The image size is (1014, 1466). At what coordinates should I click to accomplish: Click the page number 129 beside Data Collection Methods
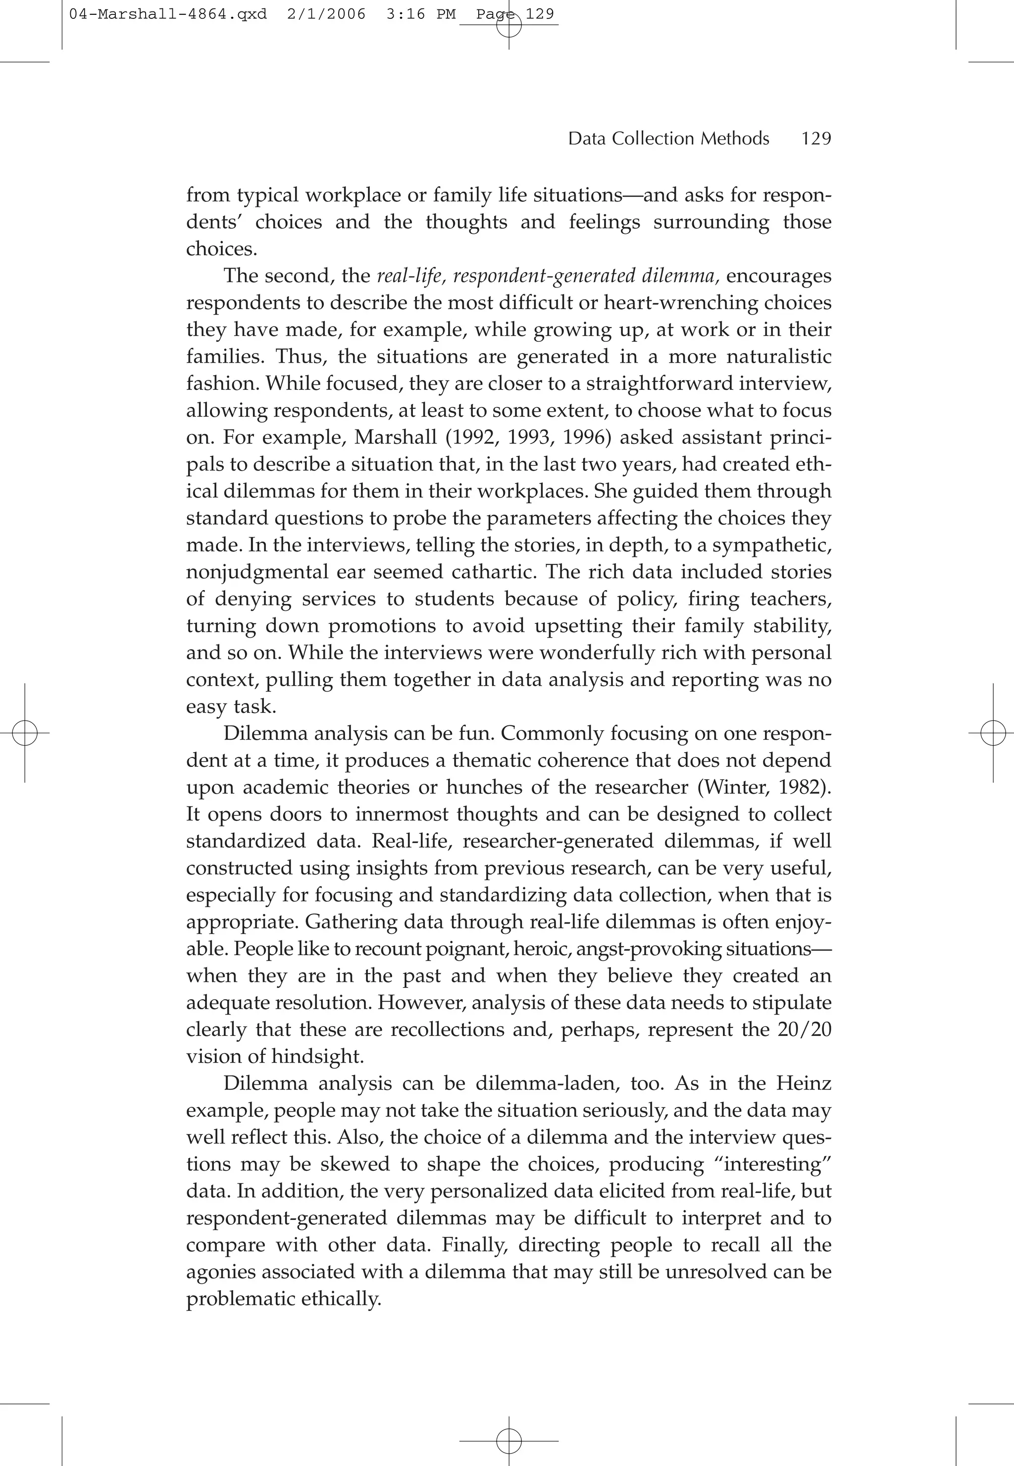[816, 139]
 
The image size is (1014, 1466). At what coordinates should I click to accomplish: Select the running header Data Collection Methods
[668, 139]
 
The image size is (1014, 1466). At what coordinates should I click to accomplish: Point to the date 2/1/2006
[326, 14]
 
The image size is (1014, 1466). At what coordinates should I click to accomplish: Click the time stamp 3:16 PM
[420, 14]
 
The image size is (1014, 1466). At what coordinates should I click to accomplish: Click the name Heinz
[803, 1084]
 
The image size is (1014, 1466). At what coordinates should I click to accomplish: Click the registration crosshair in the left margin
[25, 733]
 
